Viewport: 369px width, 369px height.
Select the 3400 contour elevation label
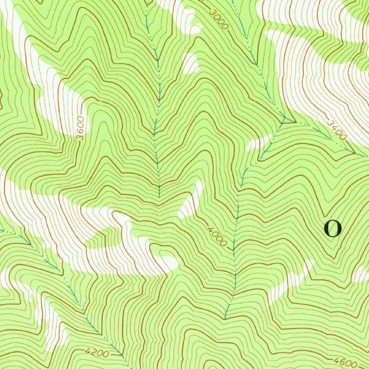pyautogui.click(x=337, y=130)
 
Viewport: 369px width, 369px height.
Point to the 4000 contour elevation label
pyautogui.click(x=218, y=236)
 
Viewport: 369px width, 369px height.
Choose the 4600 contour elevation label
pyautogui.click(x=345, y=361)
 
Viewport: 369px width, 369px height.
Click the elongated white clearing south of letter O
pyautogui.click(x=290, y=281)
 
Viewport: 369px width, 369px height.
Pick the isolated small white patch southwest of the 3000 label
pyautogui.click(x=190, y=63)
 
